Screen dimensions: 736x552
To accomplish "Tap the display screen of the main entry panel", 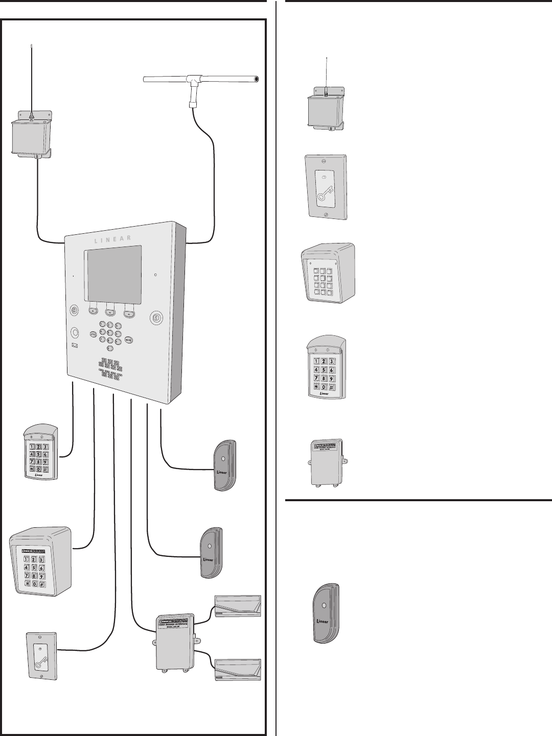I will point(112,275).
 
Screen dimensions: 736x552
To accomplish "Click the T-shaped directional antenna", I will point(200,80).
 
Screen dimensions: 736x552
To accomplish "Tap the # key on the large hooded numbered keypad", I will point(42,583).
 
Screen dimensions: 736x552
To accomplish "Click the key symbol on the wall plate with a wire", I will point(41,658).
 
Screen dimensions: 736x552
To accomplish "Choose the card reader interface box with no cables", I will point(326,462).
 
